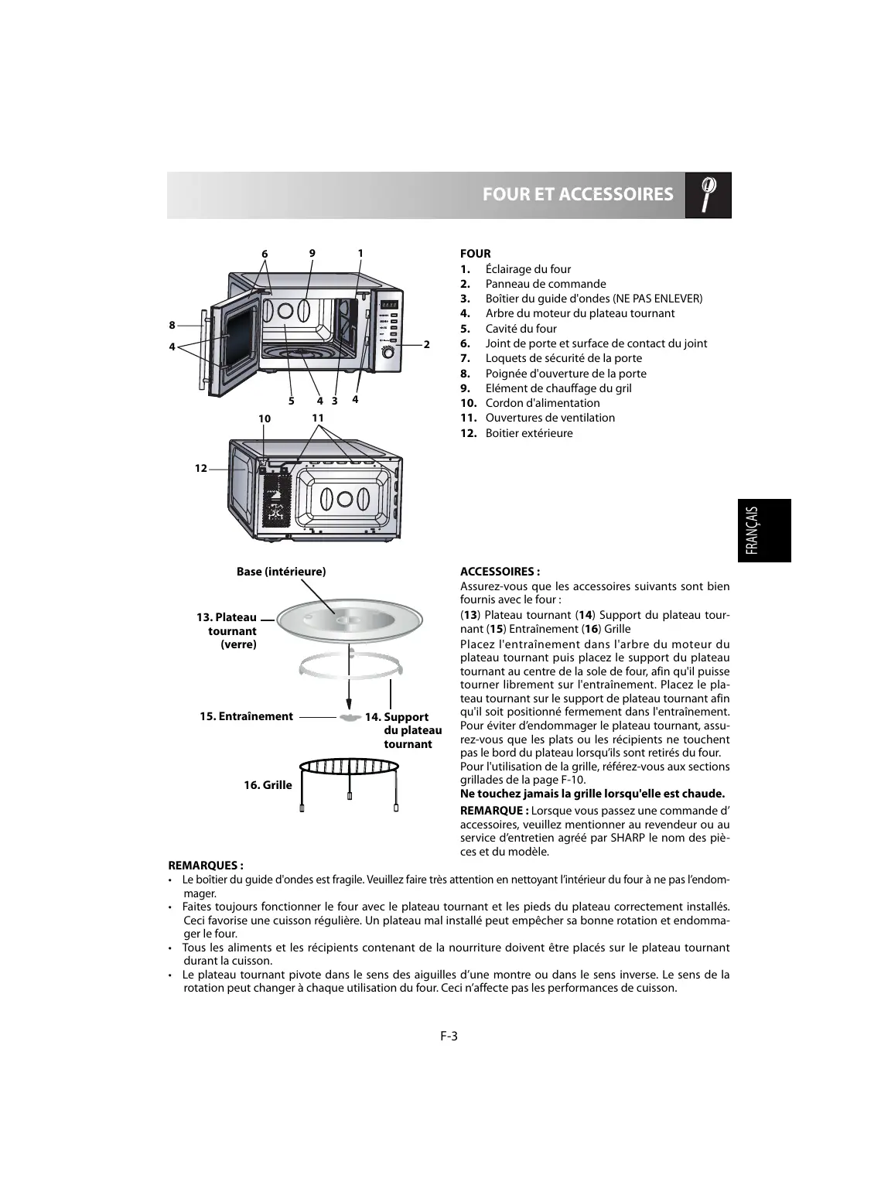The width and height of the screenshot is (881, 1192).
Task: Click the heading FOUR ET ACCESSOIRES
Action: click(577, 194)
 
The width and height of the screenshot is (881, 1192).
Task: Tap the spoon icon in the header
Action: click(708, 194)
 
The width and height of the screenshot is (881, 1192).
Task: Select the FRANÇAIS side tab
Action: click(763, 530)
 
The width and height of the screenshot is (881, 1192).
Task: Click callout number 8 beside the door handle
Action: click(172, 325)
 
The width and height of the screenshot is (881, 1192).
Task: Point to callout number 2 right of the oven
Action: click(426, 343)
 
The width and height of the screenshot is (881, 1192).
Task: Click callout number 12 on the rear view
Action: click(201, 468)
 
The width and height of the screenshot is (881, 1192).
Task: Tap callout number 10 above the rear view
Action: click(265, 418)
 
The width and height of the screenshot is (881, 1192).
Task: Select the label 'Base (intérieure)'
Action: click(281, 572)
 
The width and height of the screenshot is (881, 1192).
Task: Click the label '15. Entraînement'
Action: click(246, 716)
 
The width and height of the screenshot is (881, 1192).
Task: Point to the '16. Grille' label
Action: click(268, 785)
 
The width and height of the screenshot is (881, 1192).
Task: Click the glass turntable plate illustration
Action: click(350, 620)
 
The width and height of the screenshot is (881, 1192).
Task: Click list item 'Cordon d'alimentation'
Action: click(542, 403)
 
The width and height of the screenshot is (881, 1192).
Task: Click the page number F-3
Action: click(449, 1037)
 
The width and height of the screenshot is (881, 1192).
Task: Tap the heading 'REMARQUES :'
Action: click(206, 866)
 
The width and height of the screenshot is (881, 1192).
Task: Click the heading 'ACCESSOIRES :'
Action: click(500, 572)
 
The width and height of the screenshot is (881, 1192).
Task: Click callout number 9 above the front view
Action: click(312, 253)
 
